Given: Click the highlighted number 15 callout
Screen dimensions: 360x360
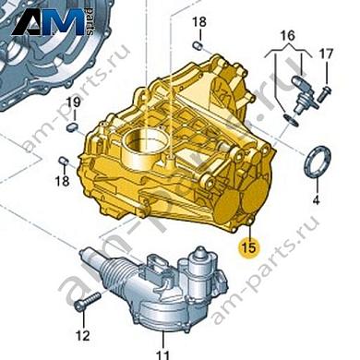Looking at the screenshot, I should click(x=246, y=248).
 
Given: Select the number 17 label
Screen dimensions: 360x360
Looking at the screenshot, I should click(x=325, y=54).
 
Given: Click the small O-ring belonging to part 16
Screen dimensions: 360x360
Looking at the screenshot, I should click(x=293, y=117).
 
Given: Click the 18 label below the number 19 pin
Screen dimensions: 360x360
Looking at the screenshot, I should click(x=63, y=182).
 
